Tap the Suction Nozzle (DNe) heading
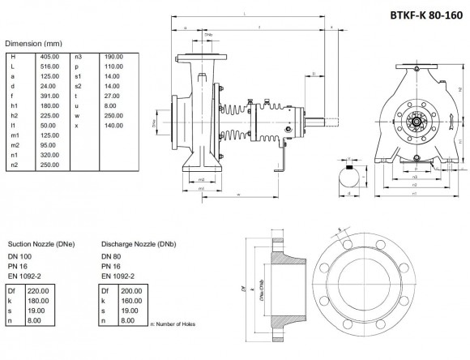pos(41,242)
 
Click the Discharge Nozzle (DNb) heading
pos(139,242)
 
